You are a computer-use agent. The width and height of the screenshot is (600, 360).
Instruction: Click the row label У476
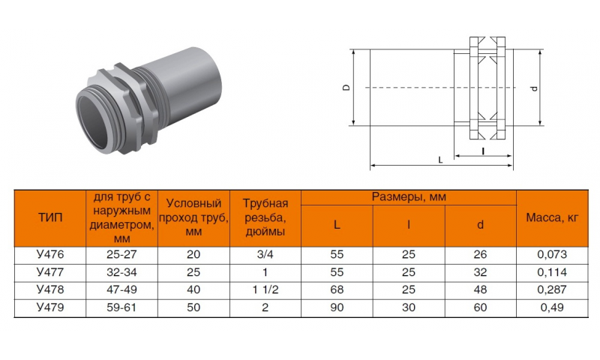point(50,254)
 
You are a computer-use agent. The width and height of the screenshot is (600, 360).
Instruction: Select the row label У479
point(50,307)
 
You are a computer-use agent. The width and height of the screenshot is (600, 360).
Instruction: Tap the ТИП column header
point(50,217)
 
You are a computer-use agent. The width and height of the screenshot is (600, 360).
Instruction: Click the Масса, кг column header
point(552,217)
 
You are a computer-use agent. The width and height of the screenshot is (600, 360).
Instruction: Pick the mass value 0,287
point(552,289)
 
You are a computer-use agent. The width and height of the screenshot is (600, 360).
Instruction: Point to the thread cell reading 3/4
point(265,254)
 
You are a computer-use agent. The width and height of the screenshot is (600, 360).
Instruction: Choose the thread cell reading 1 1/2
point(265,289)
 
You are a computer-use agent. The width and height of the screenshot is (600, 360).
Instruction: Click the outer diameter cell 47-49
point(121,289)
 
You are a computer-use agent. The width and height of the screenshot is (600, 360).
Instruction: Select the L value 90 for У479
point(337,307)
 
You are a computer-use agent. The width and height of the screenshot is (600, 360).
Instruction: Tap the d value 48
point(480,289)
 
